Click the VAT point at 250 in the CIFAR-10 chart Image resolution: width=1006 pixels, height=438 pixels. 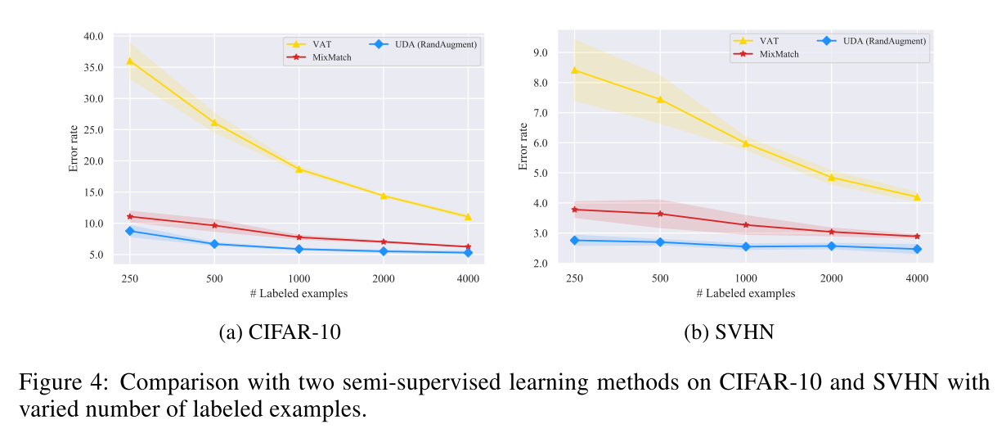pos(129,61)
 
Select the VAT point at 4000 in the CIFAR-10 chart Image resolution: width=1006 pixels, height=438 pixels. pos(468,217)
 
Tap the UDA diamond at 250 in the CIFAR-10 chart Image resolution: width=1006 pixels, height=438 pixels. pos(129,231)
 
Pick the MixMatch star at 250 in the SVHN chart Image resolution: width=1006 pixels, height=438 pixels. pos(574,210)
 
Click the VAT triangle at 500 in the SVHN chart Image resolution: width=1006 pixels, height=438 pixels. pos(660,100)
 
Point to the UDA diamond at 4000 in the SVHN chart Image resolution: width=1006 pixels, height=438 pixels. pos(917,249)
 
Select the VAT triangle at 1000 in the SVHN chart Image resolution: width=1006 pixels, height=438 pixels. pos(745,143)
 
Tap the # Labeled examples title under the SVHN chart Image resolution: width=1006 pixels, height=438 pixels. pos(745,293)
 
